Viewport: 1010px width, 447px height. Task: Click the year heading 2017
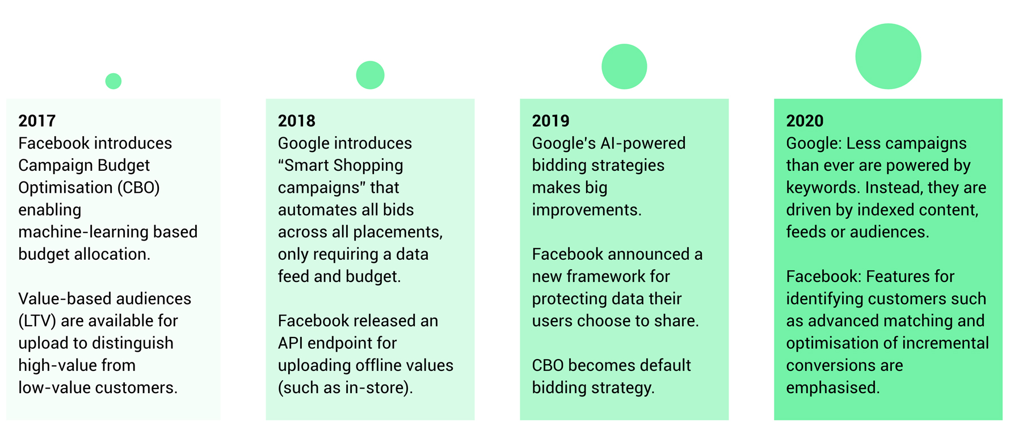[x=37, y=121]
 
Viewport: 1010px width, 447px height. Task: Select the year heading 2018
[x=296, y=121]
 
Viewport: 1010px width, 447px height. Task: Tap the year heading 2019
[x=550, y=121]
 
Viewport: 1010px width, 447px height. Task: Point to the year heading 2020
[x=805, y=121]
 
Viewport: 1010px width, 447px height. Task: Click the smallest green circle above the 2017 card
[x=113, y=81]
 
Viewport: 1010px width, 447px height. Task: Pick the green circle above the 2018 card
[x=370, y=75]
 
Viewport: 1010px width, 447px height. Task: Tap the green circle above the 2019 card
[x=624, y=66]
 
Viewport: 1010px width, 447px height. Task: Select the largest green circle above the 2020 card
[x=888, y=56]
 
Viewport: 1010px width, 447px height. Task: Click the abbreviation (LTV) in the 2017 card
[x=37, y=321]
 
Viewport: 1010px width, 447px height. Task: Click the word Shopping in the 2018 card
[x=368, y=165]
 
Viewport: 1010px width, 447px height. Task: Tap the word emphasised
[x=833, y=388]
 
